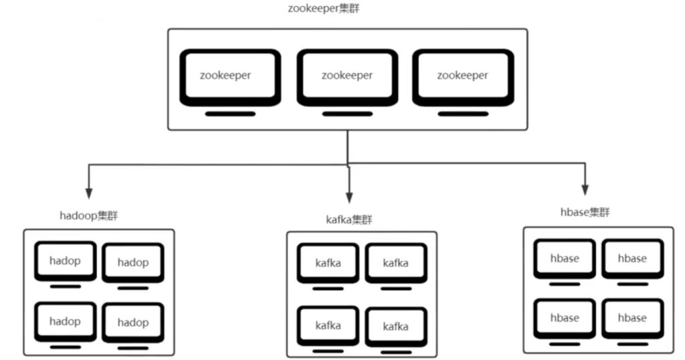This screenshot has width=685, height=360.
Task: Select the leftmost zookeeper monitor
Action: pyautogui.click(x=230, y=76)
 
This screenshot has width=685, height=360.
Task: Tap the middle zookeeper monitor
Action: pyautogui.click(x=347, y=76)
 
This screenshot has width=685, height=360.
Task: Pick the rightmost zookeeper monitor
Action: pyautogui.click(x=463, y=76)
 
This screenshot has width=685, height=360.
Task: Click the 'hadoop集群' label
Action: pyautogui.click(x=90, y=215)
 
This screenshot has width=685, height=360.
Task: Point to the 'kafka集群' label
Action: pyautogui.click(x=349, y=219)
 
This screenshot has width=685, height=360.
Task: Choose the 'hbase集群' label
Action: pyautogui.click(x=585, y=212)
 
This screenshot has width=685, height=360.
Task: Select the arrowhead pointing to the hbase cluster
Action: pyautogui.click(x=585, y=188)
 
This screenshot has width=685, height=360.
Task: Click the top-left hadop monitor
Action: pyautogui.click(x=65, y=262)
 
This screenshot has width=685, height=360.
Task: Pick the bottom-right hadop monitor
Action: pyautogui.click(x=133, y=323)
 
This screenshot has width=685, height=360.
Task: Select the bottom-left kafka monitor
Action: pyautogui.click(x=328, y=326)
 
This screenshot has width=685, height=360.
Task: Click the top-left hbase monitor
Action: pyautogui.click(x=565, y=259)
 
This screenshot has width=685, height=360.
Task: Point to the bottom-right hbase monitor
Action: pyautogui.click(x=632, y=318)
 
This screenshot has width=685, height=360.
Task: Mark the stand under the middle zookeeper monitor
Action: pyautogui.click(x=347, y=114)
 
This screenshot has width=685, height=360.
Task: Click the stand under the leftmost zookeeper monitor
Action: pyautogui.click(x=230, y=114)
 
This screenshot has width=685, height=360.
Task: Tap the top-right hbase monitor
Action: pyautogui.click(x=632, y=259)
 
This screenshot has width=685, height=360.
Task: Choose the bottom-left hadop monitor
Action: pyautogui.click(x=65, y=322)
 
